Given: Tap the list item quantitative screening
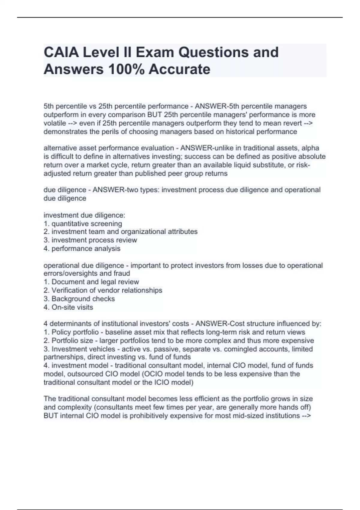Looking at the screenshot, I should point(87,223).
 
